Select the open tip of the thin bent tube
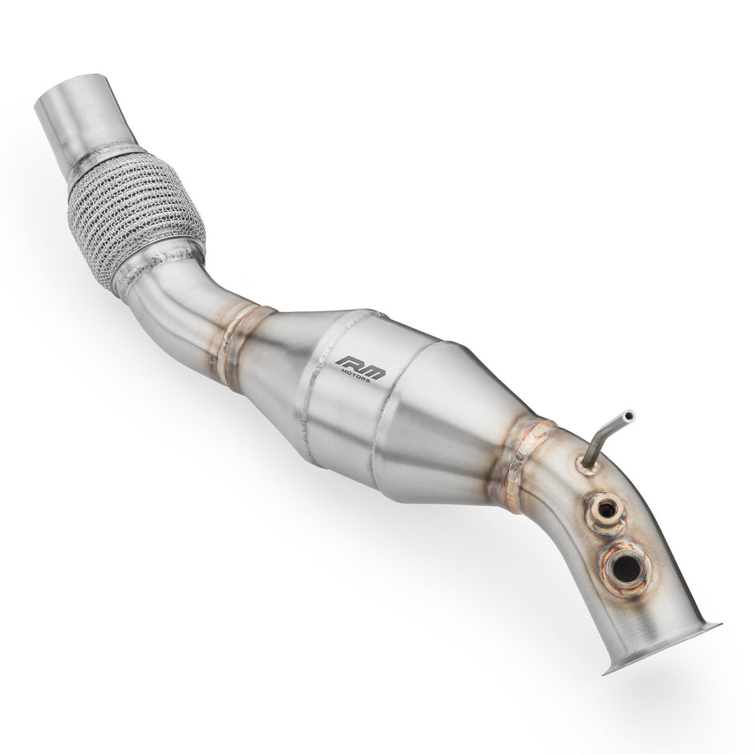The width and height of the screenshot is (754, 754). pos(628,416)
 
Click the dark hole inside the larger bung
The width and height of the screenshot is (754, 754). pos(626,568)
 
